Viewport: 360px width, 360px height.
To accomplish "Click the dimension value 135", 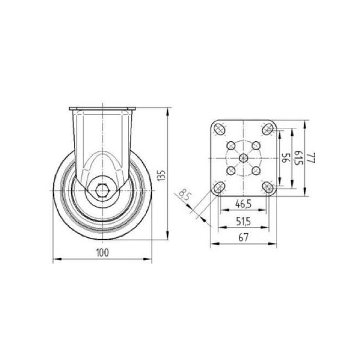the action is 162,175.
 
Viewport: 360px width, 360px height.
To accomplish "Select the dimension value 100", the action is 103,253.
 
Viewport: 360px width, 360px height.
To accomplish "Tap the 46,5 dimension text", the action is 243,203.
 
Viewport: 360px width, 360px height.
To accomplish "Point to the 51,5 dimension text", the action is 243,221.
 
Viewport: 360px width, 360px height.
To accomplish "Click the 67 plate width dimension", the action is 243,238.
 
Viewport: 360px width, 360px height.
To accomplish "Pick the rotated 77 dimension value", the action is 311,158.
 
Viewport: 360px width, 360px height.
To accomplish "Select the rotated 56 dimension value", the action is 285,158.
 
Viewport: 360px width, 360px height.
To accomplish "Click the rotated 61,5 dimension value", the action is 298,158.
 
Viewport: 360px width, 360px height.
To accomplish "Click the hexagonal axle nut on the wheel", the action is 102,190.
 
